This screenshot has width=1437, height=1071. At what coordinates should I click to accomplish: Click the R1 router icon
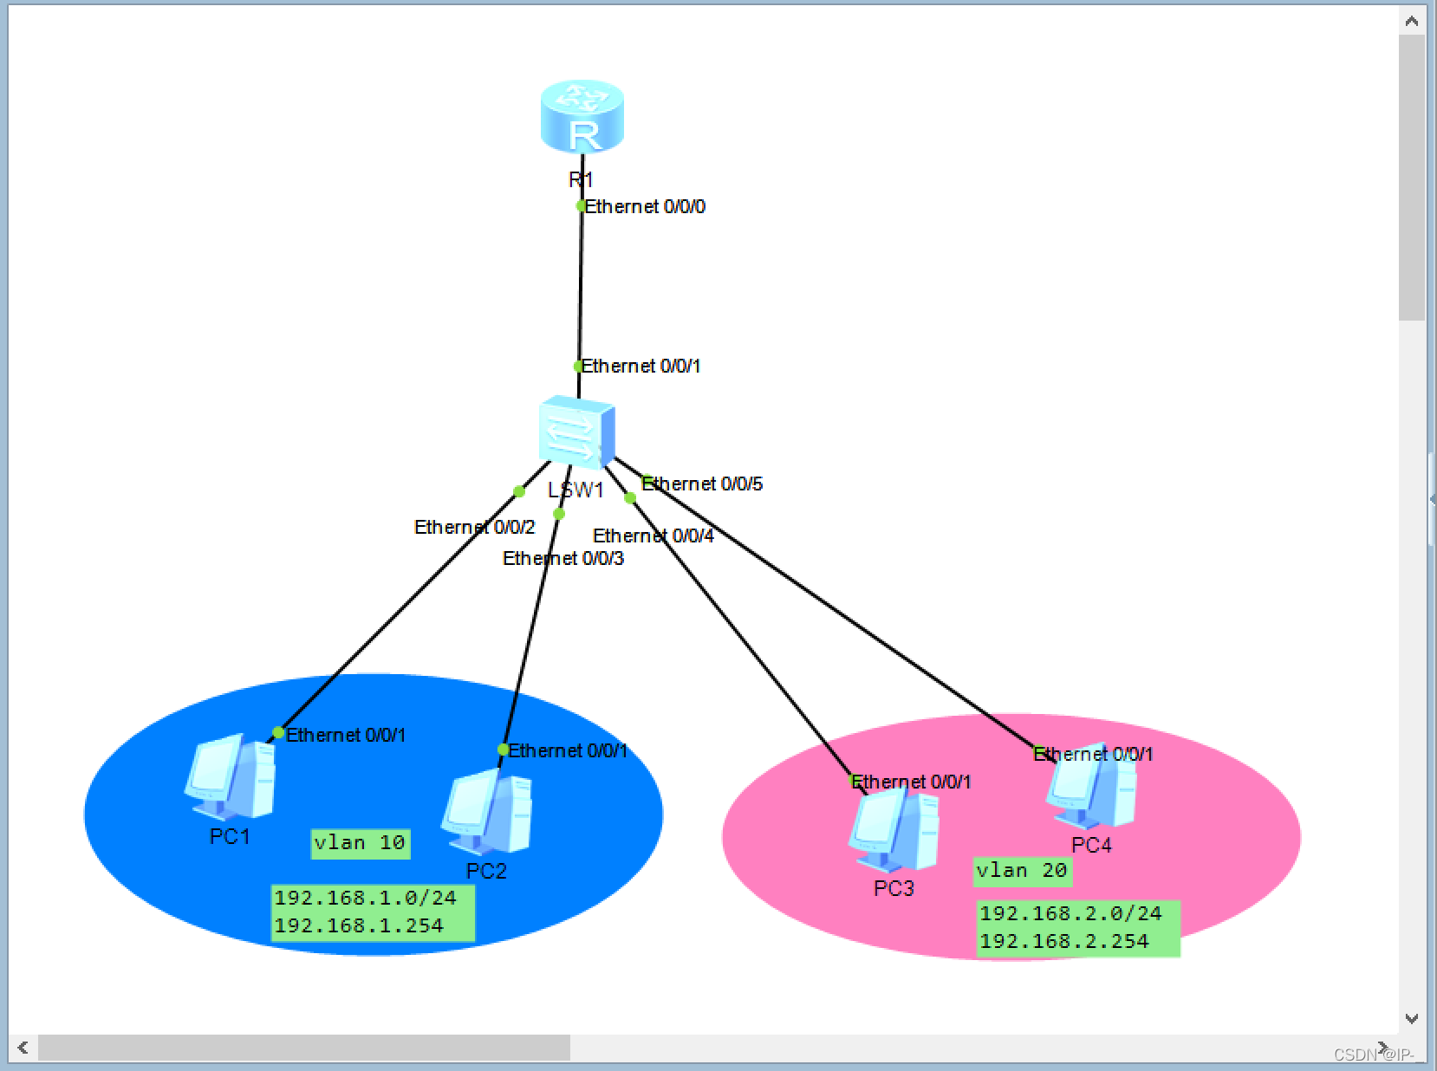pyautogui.click(x=582, y=116)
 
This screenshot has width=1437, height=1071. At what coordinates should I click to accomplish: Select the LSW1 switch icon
pyautogui.click(x=575, y=432)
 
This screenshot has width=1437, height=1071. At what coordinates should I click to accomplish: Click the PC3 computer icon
pyautogui.click(x=894, y=832)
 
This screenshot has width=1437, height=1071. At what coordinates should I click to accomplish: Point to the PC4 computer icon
pyautogui.click(x=1091, y=789)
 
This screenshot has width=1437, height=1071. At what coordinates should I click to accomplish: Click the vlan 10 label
pyautogui.click(x=360, y=843)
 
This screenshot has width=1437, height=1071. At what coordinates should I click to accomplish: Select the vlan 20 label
pyautogui.click(x=1022, y=871)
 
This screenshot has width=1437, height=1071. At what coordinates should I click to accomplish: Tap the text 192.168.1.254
pyautogui.click(x=359, y=926)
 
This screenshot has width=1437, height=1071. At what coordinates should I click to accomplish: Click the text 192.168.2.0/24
pyautogui.click(x=1070, y=913)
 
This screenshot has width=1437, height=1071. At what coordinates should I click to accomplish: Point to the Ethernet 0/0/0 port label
pyautogui.click(x=645, y=207)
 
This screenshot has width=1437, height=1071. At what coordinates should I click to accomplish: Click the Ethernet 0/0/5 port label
pyautogui.click(x=703, y=484)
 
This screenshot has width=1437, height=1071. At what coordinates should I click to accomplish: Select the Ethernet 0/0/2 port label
pyautogui.click(x=474, y=527)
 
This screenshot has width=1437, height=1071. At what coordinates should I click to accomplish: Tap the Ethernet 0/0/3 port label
pyautogui.click(x=563, y=558)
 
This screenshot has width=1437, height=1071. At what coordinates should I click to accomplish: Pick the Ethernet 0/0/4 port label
pyautogui.click(x=653, y=535)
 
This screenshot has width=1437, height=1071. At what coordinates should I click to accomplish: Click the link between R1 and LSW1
pyautogui.click(x=581, y=286)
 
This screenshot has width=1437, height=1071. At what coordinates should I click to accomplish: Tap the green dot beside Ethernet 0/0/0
pyautogui.click(x=582, y=205)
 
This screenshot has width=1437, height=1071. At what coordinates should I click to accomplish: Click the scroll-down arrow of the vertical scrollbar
pyautogui.click(x=1411, y=1018)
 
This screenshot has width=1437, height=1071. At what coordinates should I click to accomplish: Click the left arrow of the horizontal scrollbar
pyautogui.click(x=23, y=1048)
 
